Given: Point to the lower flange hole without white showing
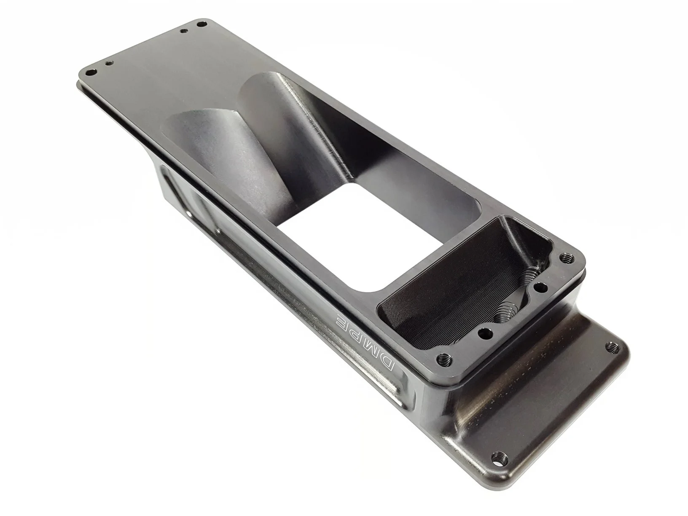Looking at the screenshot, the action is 612,347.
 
